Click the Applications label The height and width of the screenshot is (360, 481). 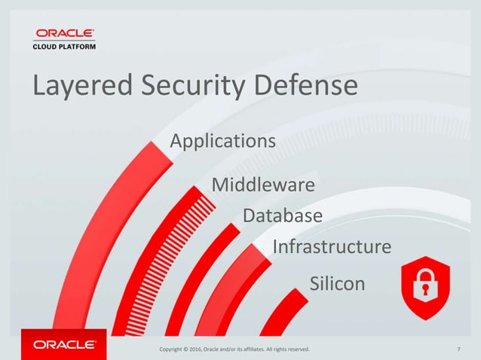point(222,141)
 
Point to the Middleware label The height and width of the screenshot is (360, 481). point(262,185)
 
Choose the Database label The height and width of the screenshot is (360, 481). point(283,216)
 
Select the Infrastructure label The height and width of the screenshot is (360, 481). point(331,247)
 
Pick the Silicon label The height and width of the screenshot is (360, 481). point(337,284)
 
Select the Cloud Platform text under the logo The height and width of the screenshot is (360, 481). point(63,45)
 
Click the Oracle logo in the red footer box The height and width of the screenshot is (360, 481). point(63,345)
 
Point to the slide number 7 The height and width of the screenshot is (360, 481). point(459,349)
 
